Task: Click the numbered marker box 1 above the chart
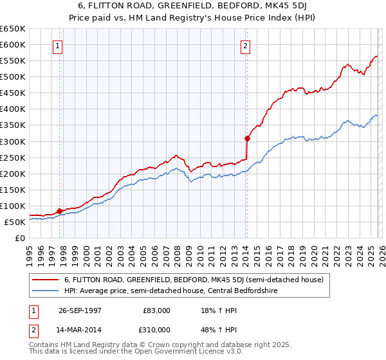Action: (59, 46)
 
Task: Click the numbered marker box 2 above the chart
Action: (246, 46)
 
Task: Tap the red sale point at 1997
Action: (60, 210)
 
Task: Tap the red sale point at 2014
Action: (247, 138)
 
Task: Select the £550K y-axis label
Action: (12, 61)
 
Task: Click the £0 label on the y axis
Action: (19, 238)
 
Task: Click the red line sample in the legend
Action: (46, 280)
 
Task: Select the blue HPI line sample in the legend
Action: (46, 291)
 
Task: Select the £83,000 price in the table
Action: (157, 310)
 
